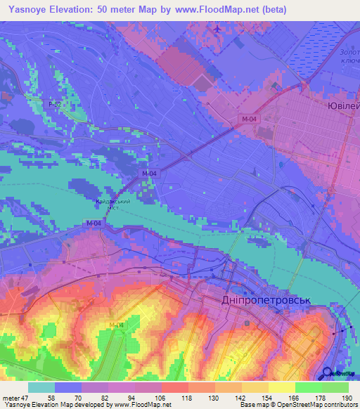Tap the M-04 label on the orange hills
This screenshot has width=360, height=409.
pyautogui.click(x=117, y=325)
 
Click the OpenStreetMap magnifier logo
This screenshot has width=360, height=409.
pyautogui.click(x=328, y=374)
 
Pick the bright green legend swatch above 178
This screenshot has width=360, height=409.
pyautogui.click(x=309, y=387)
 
